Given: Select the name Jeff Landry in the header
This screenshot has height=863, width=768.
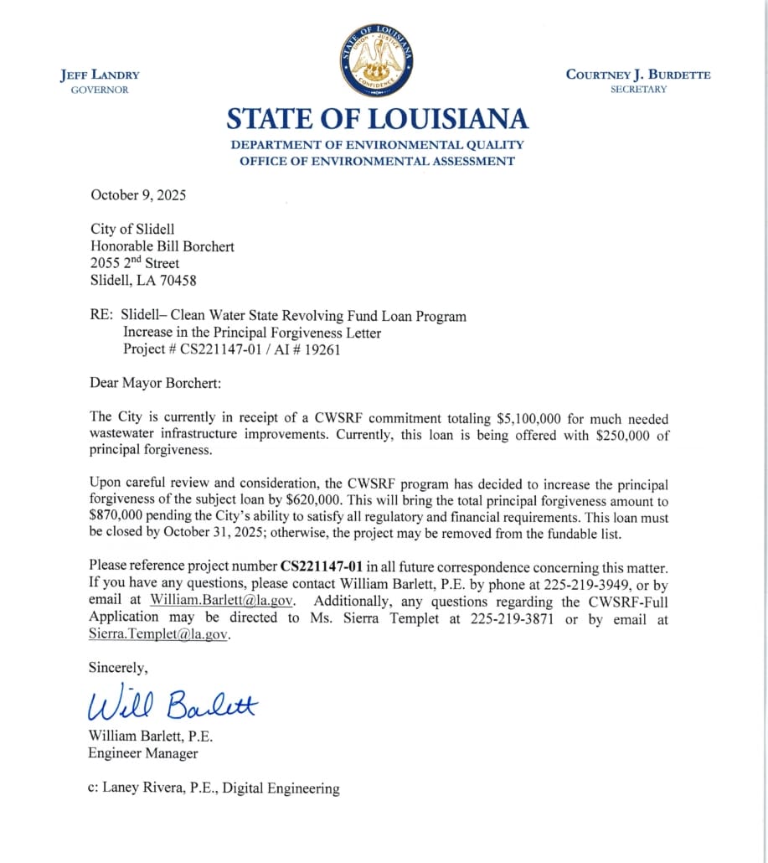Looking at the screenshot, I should (100, 75).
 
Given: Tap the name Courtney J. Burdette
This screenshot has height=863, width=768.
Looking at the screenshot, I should (638, 75).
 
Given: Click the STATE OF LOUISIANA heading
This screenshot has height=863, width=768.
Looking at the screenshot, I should (377, 118).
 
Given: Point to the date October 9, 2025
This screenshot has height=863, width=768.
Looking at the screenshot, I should (138, 195).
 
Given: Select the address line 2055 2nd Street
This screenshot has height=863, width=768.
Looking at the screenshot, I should (134, 263).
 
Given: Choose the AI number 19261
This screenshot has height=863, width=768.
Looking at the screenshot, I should (322, 350).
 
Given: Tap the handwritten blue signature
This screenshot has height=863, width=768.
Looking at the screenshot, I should (173, 705).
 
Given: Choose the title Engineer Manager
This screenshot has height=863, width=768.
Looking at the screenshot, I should (143, 753).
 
